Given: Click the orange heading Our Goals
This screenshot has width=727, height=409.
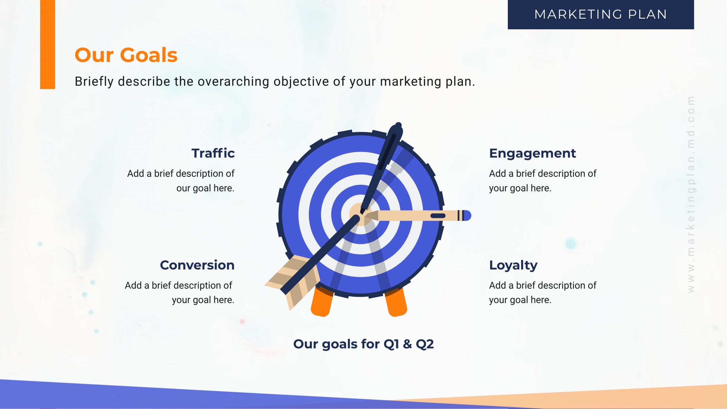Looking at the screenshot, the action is click(x=126, y=55).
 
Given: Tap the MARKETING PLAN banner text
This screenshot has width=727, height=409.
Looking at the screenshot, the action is click(x=601, y=14).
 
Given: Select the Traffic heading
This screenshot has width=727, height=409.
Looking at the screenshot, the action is click(x=213, y=153).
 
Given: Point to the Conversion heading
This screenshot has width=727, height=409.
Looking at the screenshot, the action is click(x=197, y=265).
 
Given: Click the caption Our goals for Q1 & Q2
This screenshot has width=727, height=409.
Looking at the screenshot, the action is click(x=363, y=344).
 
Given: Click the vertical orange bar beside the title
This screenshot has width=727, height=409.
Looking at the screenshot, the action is click(x=47, y=44).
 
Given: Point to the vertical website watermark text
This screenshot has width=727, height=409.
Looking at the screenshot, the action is click(x=691, y=194).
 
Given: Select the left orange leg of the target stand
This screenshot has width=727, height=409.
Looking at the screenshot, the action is click(x=322, y=302).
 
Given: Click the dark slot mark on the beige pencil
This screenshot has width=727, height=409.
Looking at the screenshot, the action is click(x=438, y=216).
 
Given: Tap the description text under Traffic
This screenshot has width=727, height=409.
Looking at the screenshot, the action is click(x=181, y=181).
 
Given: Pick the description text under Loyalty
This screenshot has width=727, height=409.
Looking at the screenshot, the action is click(x=543, y=292).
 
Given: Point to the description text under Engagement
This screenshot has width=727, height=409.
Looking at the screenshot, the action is click(x=543, y=181).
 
